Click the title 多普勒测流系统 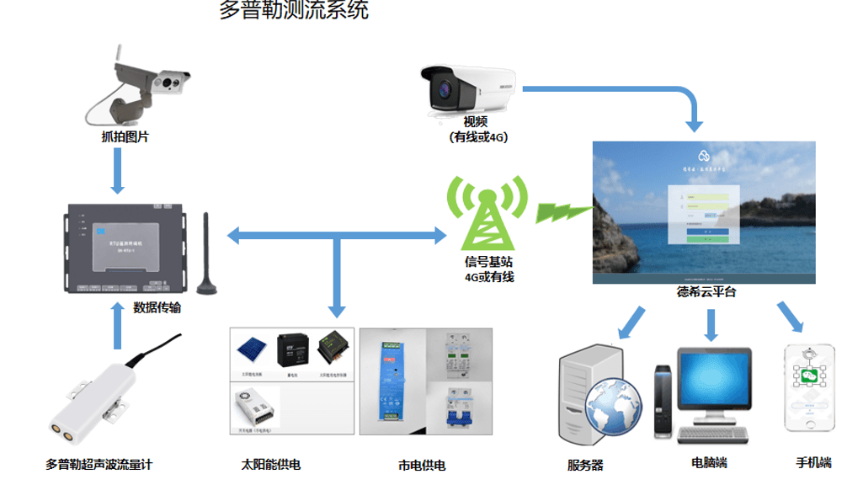(x=293, y=13)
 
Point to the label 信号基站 (x=489, y=262)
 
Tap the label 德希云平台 (x=706, y=293)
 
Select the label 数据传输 (x=157, y=308)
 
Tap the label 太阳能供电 (x=270, y=464)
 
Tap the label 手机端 (x=812, y=463)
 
